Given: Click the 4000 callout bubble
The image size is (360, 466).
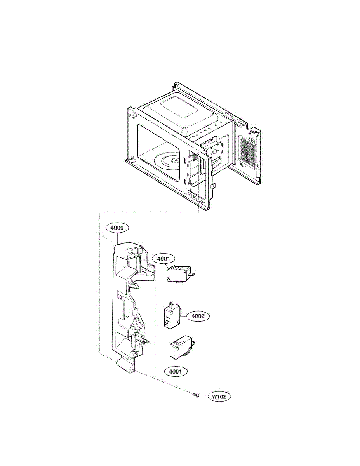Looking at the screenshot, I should point(117,228).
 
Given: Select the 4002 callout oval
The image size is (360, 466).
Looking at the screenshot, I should point(198,316).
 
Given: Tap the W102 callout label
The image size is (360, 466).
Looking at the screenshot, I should point(219,397).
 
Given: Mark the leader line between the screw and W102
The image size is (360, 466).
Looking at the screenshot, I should point(204,396).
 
